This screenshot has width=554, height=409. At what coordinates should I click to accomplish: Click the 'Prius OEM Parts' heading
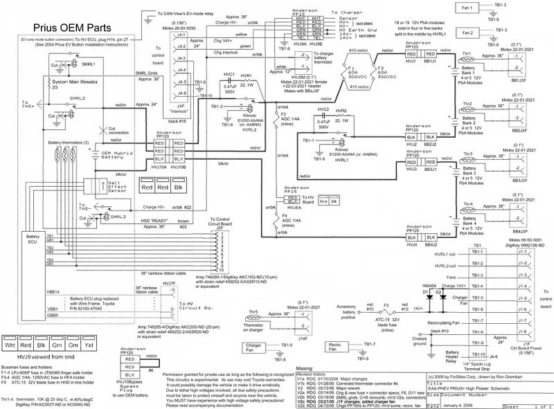pyautogui.click(x=65, y=28)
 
